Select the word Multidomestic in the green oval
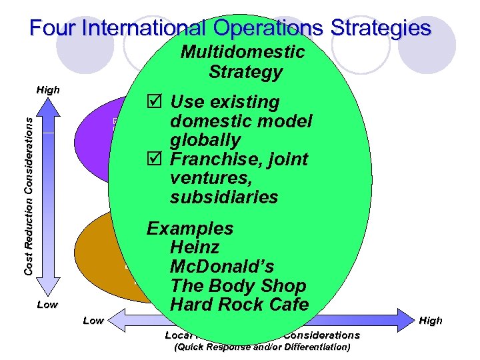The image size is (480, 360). click(x=243, y=52)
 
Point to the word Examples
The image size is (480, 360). click(x=190, y=229)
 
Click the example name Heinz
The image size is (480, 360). click(x=195, y=248)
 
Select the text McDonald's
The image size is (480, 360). click(x=222, y=267)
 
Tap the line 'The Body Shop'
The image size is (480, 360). click(x=238, y=286)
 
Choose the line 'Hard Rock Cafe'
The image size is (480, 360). click(x=239, y=305)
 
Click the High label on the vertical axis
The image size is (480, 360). click(x=48, y=90)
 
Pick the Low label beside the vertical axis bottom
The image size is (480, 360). click(x=47, y=305)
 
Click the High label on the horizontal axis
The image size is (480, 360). click(x=431, y=321)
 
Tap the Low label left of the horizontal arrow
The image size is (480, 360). click(x=93, y=321)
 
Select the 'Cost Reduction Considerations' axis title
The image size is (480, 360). click(x=29, y=193)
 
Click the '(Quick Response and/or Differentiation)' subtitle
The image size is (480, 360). click(x=262, y=347)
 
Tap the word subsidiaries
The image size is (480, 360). click(x=224, y=197)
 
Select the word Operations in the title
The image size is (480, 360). click(x=267, y=28)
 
